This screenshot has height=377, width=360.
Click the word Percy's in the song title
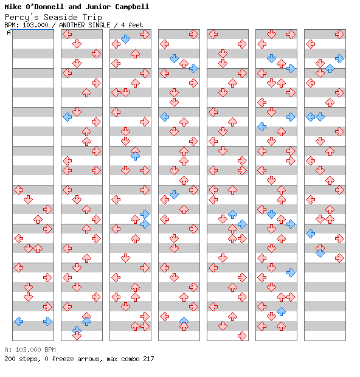pyautogui.click(x=22, y=17)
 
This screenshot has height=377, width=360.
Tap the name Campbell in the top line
pyautogui.click(x=132, y=7)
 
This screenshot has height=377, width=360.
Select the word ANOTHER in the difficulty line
pyautogui.click(x=72, y=25)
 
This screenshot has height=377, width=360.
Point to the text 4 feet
pyautogui.click(x=132, y=25)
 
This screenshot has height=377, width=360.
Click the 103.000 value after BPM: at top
pyautogui.click(x=35, y=25)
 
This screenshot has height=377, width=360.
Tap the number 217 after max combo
pyautogui.click(x=148, y=359)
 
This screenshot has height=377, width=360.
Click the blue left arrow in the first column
pyautogui.click(x=18, y=322)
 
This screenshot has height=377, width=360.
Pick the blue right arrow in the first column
pyautogui.click(x=47, y=322)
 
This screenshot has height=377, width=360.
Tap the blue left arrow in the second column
pyautogui.click(x=67, y=117)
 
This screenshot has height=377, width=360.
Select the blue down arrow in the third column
pyautogui.click(x=125, y=39)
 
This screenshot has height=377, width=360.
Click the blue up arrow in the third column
pyautogui.click(x=136, y=156)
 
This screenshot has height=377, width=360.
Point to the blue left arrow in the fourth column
pyautogui.click(x=164, y=117)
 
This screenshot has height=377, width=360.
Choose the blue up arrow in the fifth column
pyautogui.click(x=232, y=214)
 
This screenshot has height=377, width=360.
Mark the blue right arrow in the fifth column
pyautogui.click(x=242, y=224)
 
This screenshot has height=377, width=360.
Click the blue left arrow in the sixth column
pyautogui.click(x=261, y=126)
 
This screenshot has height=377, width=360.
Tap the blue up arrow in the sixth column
pyautogui.click(x=281, y=311)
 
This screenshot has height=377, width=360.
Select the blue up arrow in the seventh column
pyautogui.click(x=330, y=69)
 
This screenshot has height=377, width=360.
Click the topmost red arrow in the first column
pyautogui.click(x=18, y=190)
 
